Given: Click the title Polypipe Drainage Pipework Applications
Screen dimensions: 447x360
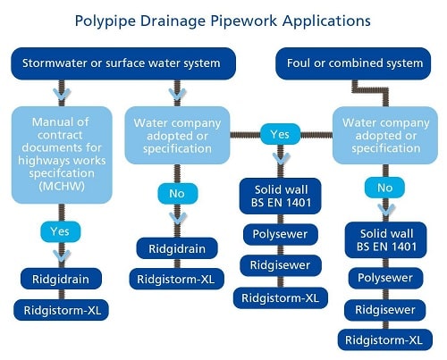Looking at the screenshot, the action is pos(223,21).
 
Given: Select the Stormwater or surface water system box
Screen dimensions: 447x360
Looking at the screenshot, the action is pos(123,63).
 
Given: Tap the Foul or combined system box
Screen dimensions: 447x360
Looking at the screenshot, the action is pos(353,63).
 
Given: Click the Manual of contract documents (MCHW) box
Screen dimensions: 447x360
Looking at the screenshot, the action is pos(62,155).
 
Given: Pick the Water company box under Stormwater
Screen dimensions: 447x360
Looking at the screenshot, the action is pos(177,136).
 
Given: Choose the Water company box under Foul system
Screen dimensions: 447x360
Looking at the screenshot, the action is pos(385,136).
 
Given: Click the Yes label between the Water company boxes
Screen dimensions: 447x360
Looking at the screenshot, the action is pos(280,134).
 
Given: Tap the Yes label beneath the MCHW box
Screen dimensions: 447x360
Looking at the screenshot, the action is pos(61,231).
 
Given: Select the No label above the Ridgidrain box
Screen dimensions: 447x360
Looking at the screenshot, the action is pos(177,194).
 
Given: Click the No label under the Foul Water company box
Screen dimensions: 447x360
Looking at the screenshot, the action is pos(384,188).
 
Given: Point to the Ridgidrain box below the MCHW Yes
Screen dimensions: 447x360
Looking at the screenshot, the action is pos(61,279).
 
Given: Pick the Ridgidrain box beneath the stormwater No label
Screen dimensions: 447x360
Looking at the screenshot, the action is pos(177,248).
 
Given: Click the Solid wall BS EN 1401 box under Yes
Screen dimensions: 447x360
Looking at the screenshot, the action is pos(281,196).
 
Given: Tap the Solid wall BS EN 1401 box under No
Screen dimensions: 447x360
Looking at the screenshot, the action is pos(386,240).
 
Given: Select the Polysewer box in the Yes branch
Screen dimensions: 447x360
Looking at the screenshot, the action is pos(281,234).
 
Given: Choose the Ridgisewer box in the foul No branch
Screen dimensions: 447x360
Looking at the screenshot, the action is pos(385,310).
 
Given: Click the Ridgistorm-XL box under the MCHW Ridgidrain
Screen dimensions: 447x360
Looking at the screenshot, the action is pos(61,310).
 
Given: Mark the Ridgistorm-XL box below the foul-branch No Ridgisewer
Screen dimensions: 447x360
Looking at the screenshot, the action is pos(385,339).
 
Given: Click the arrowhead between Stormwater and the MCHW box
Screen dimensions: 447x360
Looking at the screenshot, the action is pos(62,95).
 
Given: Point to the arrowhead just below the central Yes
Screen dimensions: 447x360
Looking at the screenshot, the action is pos(281,158).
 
